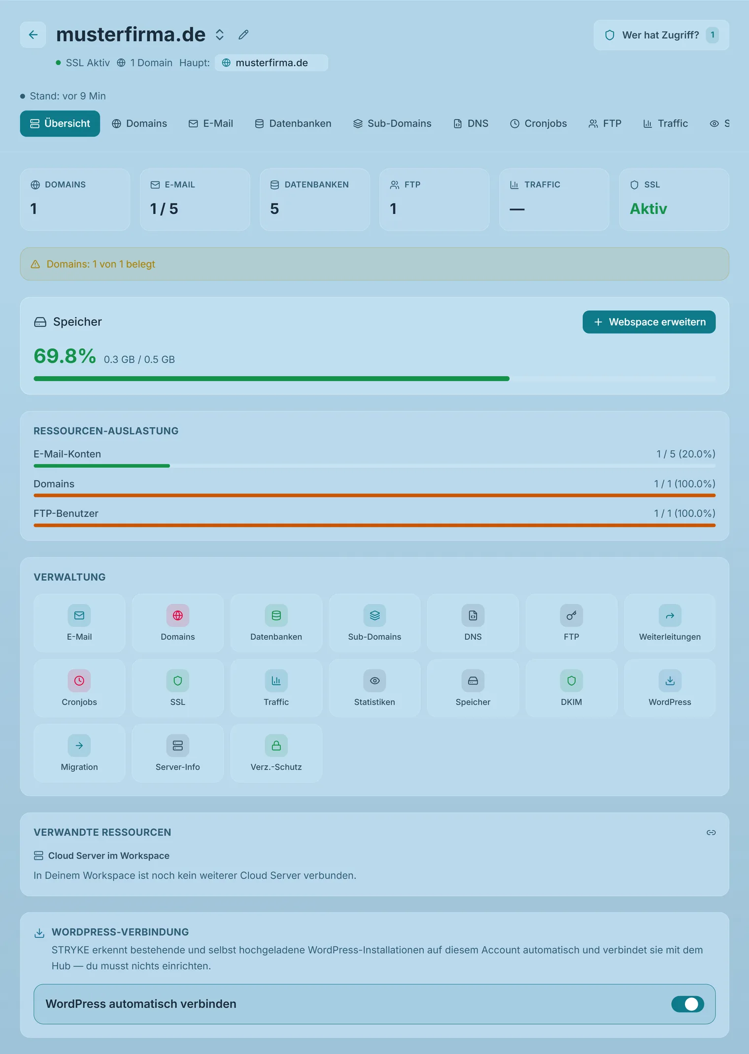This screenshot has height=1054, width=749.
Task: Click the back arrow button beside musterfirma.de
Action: click(33, 35)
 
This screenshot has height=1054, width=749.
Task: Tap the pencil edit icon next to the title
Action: click(243, 35)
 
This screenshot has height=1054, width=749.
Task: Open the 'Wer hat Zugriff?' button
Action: click(661, 35)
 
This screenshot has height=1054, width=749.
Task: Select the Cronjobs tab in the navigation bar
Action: click(539, 124)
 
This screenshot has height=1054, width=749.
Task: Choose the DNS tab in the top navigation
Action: click(471, 124)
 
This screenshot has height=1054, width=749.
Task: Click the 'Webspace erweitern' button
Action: click(649, 322)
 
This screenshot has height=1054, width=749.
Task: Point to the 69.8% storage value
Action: click(65, 356)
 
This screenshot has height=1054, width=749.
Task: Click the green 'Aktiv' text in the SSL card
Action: click(648, 209)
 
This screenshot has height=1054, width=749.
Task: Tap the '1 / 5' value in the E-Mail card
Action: click(164, 209)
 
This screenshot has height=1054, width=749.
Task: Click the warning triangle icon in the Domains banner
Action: click(35, 264)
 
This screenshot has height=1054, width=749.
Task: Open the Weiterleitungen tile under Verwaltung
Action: click(670, 623)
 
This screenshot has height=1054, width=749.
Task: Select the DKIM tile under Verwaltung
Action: click(571, 688)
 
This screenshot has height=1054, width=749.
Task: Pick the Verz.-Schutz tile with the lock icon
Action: click(276, 753)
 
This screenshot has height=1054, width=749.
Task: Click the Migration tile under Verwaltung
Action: click(79, 753)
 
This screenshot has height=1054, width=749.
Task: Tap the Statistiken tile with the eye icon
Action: click(374, 688)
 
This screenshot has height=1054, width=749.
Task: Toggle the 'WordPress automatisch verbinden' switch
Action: click(687, 1004)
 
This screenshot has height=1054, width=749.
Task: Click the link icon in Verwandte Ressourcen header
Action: click(711, 832)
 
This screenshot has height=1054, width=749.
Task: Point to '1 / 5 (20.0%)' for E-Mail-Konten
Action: click(685, 454)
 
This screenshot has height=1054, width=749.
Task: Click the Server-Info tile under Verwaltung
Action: click(178, 753)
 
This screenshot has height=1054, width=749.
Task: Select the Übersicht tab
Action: click(60, 124)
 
